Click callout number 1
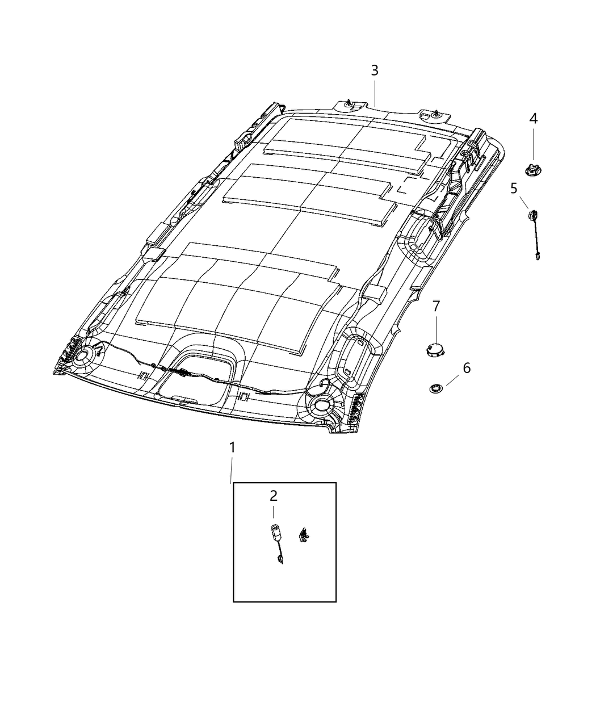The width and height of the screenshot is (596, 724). pos(232,447)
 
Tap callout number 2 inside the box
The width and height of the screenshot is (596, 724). pos(274,496)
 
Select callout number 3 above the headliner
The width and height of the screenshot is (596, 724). pos(375,70)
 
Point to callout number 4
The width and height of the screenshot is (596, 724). pos(533,119)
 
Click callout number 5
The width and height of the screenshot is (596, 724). pos(514,189)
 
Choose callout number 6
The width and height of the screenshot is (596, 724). pos(467,368)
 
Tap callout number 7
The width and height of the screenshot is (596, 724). pos(436,306)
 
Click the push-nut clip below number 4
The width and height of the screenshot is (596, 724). pos(532,170)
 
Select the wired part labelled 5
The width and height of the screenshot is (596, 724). pos(535,235)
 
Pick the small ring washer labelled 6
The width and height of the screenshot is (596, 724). pos(434,388)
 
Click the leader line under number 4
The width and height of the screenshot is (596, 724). pos(533,144)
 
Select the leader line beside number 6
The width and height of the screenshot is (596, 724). pos(453,380)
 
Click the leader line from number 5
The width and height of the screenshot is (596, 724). pos(523,203)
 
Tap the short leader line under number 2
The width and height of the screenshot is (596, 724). pos(274,512)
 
